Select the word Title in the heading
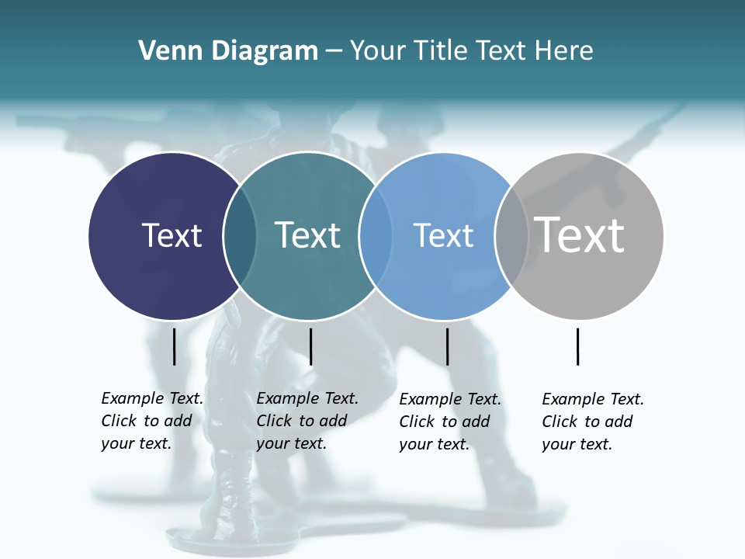pos(442,51)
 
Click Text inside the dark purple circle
pos(172,235)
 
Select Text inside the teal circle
pos(307,235)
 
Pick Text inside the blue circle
pos(443,235)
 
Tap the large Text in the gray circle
pos(579,234)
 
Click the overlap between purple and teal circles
pos(240,236)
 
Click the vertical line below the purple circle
pos(174,346)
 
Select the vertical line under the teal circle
pos(310,346)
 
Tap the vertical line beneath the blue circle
pos(447,346)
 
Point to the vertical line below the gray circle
pos(577,346)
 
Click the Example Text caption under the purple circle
pos(151,421)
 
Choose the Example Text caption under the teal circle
pos(307,421)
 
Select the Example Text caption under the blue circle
pos(449,422)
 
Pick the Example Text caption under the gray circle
pos(592,422)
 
